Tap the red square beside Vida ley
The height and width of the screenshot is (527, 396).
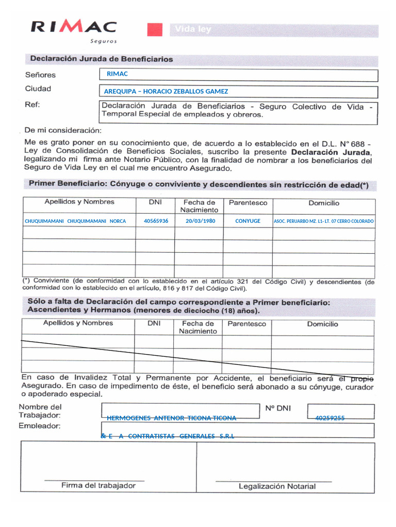coord(155,30)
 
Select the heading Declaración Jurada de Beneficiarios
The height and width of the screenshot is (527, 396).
coord(102,59)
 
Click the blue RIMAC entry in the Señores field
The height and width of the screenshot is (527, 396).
coord(117,74)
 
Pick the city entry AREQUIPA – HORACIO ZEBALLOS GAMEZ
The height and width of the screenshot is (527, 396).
coord(166,92)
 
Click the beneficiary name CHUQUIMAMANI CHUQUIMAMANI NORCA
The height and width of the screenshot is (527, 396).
coord(75,221)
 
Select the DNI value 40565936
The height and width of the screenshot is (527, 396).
coord(156,221)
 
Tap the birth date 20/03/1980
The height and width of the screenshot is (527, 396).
coord(200,221)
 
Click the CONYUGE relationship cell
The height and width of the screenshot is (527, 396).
coord(247,221)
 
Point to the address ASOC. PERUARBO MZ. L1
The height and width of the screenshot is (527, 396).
coord(324,221)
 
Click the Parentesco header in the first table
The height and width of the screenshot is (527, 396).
coord(248,203)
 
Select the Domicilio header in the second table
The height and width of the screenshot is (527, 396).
coord(322,324)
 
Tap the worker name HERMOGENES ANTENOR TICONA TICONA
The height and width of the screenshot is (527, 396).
coord(171,418)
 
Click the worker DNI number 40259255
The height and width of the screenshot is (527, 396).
coord(329,418)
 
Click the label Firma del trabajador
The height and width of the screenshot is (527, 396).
coord(98,485)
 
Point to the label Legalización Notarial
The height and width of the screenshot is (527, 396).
coord(277,486)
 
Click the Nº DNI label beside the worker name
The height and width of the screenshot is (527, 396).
coord(278,409)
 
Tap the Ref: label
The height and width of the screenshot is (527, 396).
coord(32,104)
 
